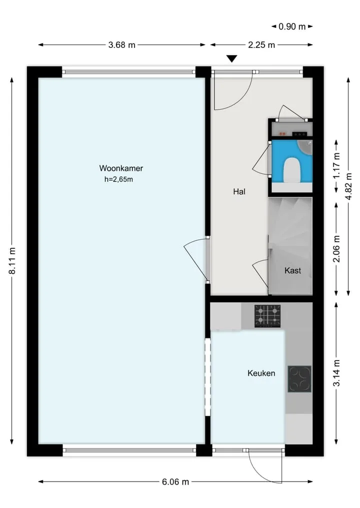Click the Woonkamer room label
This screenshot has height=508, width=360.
pos(121,168)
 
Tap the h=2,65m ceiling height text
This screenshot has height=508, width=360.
pos(118,179)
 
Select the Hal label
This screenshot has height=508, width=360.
pos(239,191)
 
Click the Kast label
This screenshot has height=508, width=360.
pos(292,271)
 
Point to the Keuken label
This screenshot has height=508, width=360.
pos(261,373)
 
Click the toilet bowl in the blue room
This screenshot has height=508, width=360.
pos(292,170)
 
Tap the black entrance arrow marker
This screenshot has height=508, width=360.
pos(231,58)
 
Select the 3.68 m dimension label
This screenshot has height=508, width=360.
pos(121,45)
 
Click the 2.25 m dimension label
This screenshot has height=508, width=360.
pos(261,45)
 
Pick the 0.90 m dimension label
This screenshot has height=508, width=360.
pos(292,26)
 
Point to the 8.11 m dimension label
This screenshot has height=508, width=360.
pos(12,261)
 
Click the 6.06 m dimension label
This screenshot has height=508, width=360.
pos(175,482)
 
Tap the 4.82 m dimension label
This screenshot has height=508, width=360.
pos(349,186)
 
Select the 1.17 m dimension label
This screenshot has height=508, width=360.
pos(336,165)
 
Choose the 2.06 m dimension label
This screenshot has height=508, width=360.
pos(336,248)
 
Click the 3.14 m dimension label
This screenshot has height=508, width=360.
pos(336,373)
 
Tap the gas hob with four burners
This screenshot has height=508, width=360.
pos(267,316)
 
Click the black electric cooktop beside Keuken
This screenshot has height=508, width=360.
pos(299,379)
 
